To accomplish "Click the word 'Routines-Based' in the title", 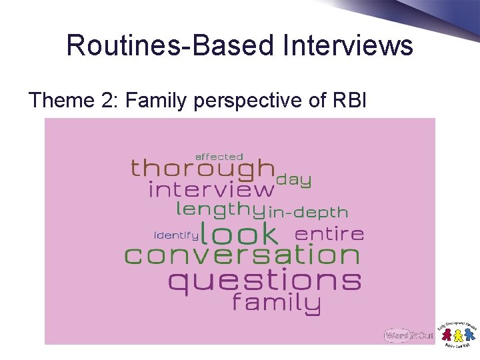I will [170, 46].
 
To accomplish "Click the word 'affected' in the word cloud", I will [219, 157].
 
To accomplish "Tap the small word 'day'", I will [293, 179].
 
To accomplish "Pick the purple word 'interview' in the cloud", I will [211, 190].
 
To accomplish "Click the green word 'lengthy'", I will [220, 210].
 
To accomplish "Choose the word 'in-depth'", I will [308, 213].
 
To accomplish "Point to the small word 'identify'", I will [176, 235].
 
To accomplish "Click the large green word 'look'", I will [239, 233].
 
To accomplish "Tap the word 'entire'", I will [329, 234].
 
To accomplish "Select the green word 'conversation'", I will [242, 255].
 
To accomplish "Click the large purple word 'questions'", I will [264, 281].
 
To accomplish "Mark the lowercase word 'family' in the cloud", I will [276, 304].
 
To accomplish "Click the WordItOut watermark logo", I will [409, 336].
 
